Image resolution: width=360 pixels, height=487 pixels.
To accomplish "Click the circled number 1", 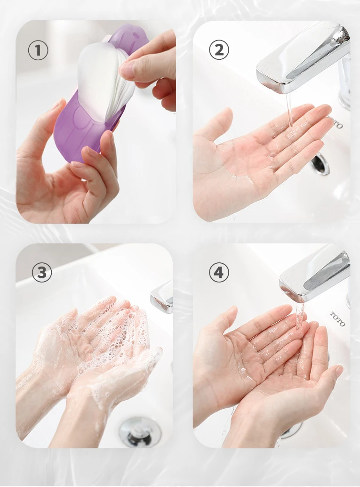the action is pyautogui.click(x=38, y=50).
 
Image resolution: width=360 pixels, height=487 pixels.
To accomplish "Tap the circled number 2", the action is pyautogui.click(x=219, y=50).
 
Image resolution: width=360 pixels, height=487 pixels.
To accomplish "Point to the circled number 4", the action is pyautogui.click(x=219, y=272).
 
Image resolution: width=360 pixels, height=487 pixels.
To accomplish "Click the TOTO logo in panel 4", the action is pyautogui.click(x=337, y=319).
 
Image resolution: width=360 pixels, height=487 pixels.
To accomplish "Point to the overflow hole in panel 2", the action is pyautogui.click(x=320, y=163).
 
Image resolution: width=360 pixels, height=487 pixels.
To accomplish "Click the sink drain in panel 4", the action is pyautogui.click(x=290, y=430).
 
